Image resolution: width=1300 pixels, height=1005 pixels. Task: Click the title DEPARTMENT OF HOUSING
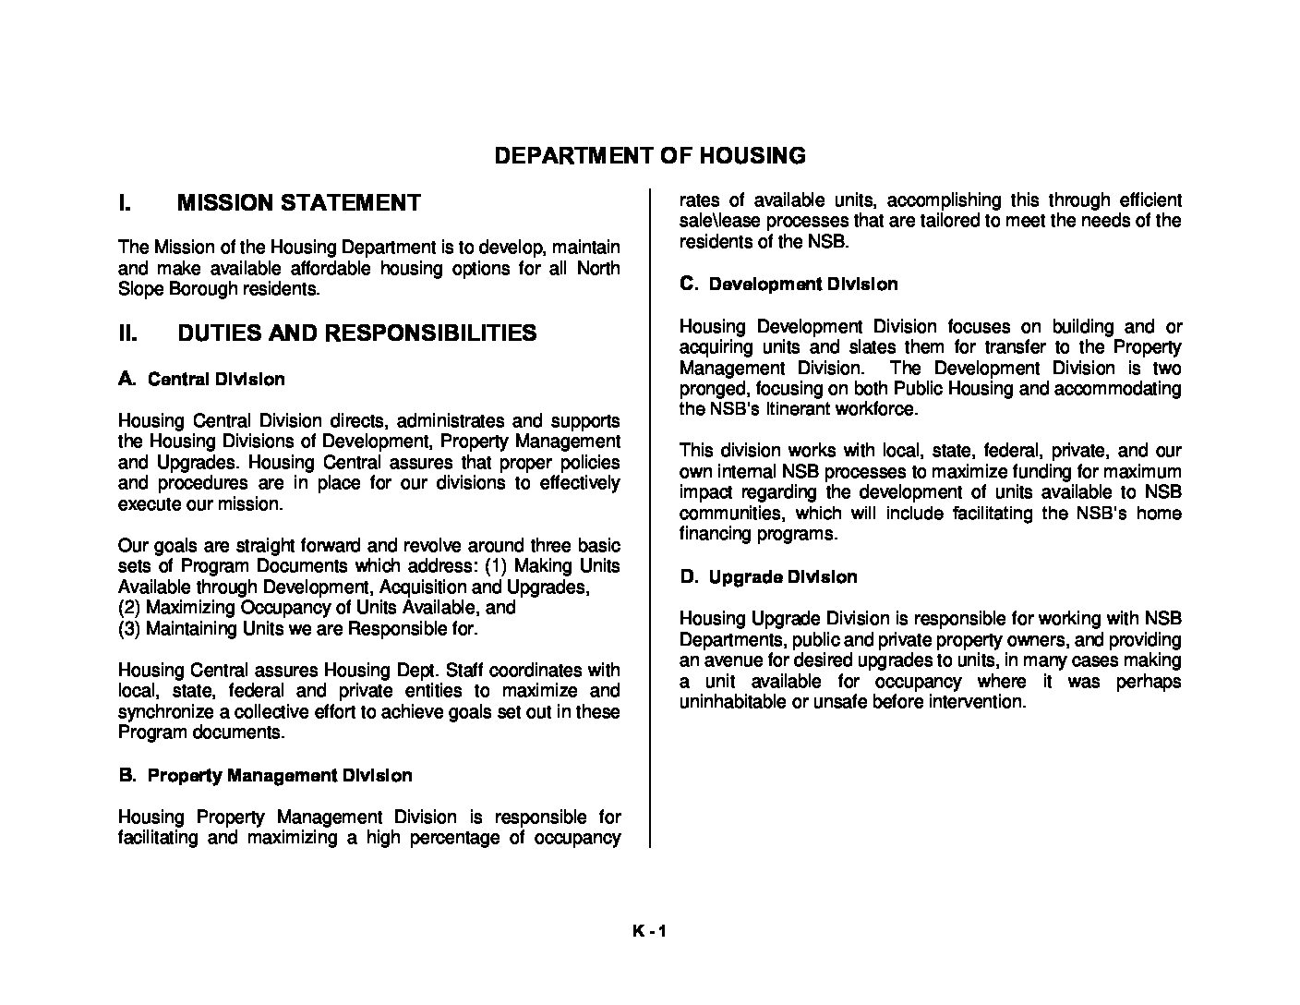[x=650, y=155]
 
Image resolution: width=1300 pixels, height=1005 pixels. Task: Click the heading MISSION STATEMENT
[x=299, y=202]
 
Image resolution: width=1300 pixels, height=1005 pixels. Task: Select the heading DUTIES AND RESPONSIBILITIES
[x=356, y=333]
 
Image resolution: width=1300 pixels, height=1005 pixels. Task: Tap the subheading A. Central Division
[x=201, y=379]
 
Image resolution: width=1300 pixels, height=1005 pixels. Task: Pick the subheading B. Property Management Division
[x=265, y=775]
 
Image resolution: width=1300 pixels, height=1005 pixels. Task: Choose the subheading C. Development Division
[x=788, y=284]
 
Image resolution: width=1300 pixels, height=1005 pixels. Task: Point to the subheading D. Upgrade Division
[x=768, y=576]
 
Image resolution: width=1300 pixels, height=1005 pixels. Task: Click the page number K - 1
[x=649, y=931]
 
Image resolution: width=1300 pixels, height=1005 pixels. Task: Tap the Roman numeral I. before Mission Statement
[x=125, y=202]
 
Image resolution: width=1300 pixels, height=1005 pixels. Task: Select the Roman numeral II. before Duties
[x=127, y=333]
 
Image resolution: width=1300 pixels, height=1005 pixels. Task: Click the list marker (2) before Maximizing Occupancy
[x=129, y=607]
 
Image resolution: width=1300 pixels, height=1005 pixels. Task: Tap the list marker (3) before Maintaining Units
[x=129, y=628]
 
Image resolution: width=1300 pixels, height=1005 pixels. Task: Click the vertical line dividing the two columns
[x=650, y=517]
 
